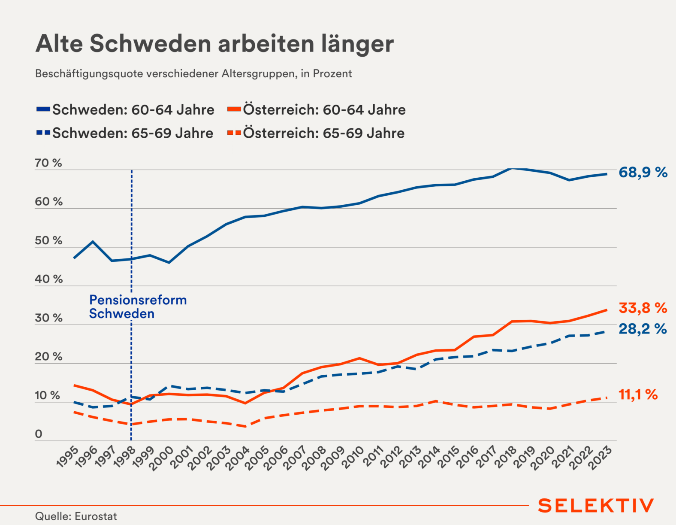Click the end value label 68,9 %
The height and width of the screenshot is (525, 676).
pos(643,173)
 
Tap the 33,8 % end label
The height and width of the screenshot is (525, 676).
pos(643,308)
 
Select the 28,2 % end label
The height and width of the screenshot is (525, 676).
pos(643,329)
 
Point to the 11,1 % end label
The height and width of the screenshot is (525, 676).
pos(638,395)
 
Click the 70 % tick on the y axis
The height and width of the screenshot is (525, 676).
pos(48,163)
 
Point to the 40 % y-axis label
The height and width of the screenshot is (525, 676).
pos(48,279)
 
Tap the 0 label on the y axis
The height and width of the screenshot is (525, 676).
pos(39,434)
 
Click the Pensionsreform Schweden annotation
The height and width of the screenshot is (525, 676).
pos(138,307)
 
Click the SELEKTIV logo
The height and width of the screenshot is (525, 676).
pos(596,506)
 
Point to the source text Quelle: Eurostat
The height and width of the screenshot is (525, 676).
pos(76,516)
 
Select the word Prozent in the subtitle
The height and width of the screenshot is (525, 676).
pos(332,73)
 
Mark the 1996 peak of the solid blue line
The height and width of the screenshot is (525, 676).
pos(93,242)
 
